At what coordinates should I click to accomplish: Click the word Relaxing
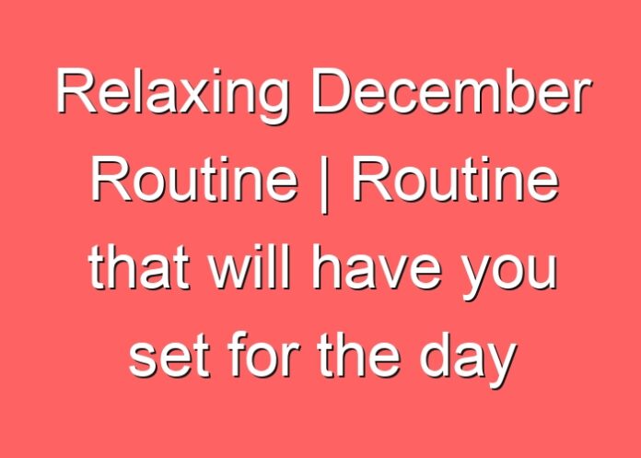pos(172,95)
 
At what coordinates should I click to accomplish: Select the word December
pos(451,91)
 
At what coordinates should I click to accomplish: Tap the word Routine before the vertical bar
pos(193,179)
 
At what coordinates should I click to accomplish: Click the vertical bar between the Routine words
pos(324,184)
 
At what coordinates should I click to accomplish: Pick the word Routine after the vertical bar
pos(455,179)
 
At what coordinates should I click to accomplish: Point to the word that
pos(138,267)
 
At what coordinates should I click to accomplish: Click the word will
pos(250,267)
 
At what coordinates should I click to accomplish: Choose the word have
pos(377,267)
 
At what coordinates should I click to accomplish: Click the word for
pos(262,355)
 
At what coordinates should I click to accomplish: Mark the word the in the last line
pos(358,355)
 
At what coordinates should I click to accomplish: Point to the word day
pos(466,359)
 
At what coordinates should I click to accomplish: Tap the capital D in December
pos(332,91)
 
